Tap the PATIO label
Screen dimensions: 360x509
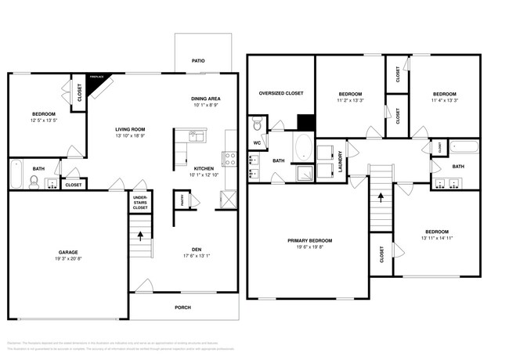tap(199, 60)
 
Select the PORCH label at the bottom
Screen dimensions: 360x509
tap(182, 307)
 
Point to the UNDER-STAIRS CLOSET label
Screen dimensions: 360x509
tap(140, 203)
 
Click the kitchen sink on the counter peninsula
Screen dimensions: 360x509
tap(195, 138)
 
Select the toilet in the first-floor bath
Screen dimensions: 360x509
tap(34, 182)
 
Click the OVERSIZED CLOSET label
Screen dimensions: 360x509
tap(281, 93)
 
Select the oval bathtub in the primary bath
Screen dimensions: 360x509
tap(301, 146)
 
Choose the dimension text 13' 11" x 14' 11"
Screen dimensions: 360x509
tap(437, 238)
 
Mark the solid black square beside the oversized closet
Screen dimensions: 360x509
tap(305, 123)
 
